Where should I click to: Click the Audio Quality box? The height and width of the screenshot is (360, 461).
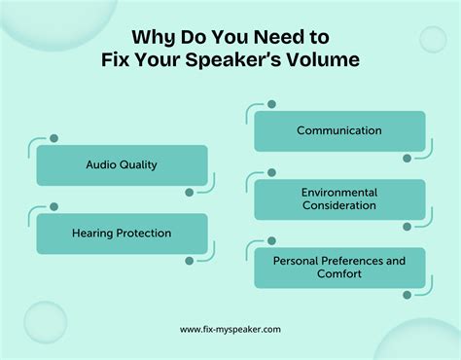pos(122,165)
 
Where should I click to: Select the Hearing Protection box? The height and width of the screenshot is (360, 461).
pos(122,234)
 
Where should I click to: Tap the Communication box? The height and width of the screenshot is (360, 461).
pos(339,130)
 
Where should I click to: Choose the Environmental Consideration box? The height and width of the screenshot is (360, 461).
pos(339,199)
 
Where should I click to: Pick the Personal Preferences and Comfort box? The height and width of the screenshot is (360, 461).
pos(339,268)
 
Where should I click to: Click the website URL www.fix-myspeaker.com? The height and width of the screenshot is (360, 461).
pos(230,329)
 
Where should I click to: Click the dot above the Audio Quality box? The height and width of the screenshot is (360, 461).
pos(53,138)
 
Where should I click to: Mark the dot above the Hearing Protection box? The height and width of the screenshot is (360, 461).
pos(53,206)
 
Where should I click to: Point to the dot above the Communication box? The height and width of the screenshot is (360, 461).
pos(271,104)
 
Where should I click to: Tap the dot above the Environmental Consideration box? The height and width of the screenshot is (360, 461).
pos(271,172)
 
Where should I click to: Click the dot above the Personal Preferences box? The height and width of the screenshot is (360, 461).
pos(271,240)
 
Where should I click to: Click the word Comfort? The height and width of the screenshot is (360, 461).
pos(339,274)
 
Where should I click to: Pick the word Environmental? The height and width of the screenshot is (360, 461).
pos(339,193)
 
